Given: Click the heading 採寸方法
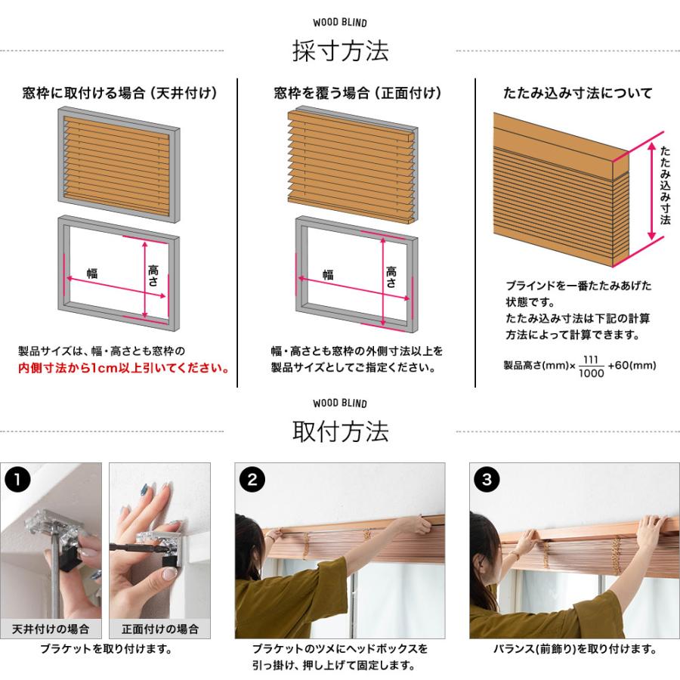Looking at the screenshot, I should point(340,51).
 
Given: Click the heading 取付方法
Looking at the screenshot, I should point(340,432).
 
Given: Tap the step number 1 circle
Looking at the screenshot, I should point(17,479).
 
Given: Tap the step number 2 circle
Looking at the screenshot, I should point(252,479).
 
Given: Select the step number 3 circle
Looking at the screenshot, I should point(486,479).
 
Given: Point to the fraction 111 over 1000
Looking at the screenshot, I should point(592,366).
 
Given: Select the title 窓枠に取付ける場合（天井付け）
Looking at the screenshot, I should point(119,94).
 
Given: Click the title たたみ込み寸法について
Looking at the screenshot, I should point(578,94).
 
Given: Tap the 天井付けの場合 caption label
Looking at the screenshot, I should point(51,629).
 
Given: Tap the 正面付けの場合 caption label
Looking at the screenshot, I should point(159,629).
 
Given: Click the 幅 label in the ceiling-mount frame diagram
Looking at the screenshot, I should point(92,274).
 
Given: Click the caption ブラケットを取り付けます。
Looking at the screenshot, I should point(106,649).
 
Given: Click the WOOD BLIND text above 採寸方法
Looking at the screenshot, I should point(340,23).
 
